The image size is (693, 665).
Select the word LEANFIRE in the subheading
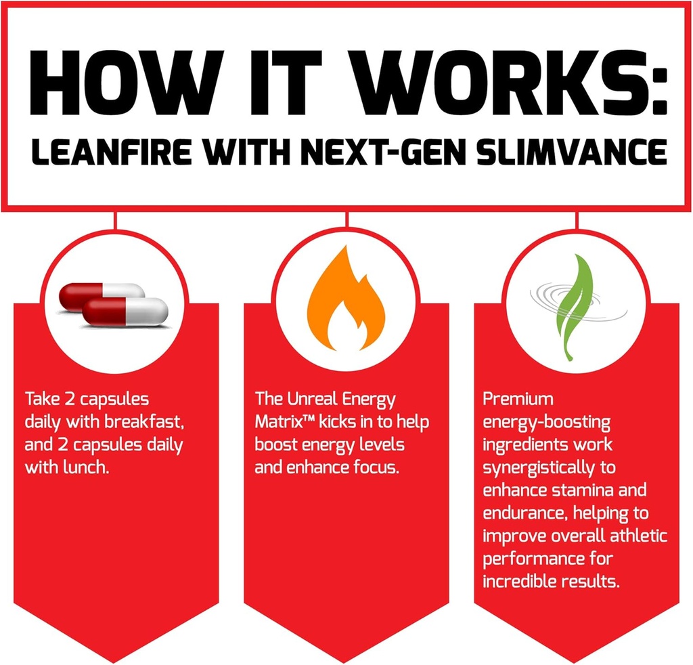pos(94,152)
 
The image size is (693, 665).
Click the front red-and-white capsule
pos(126,312)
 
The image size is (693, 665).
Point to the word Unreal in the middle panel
pos(317,401)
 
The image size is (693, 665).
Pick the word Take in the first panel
pos(40,401)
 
